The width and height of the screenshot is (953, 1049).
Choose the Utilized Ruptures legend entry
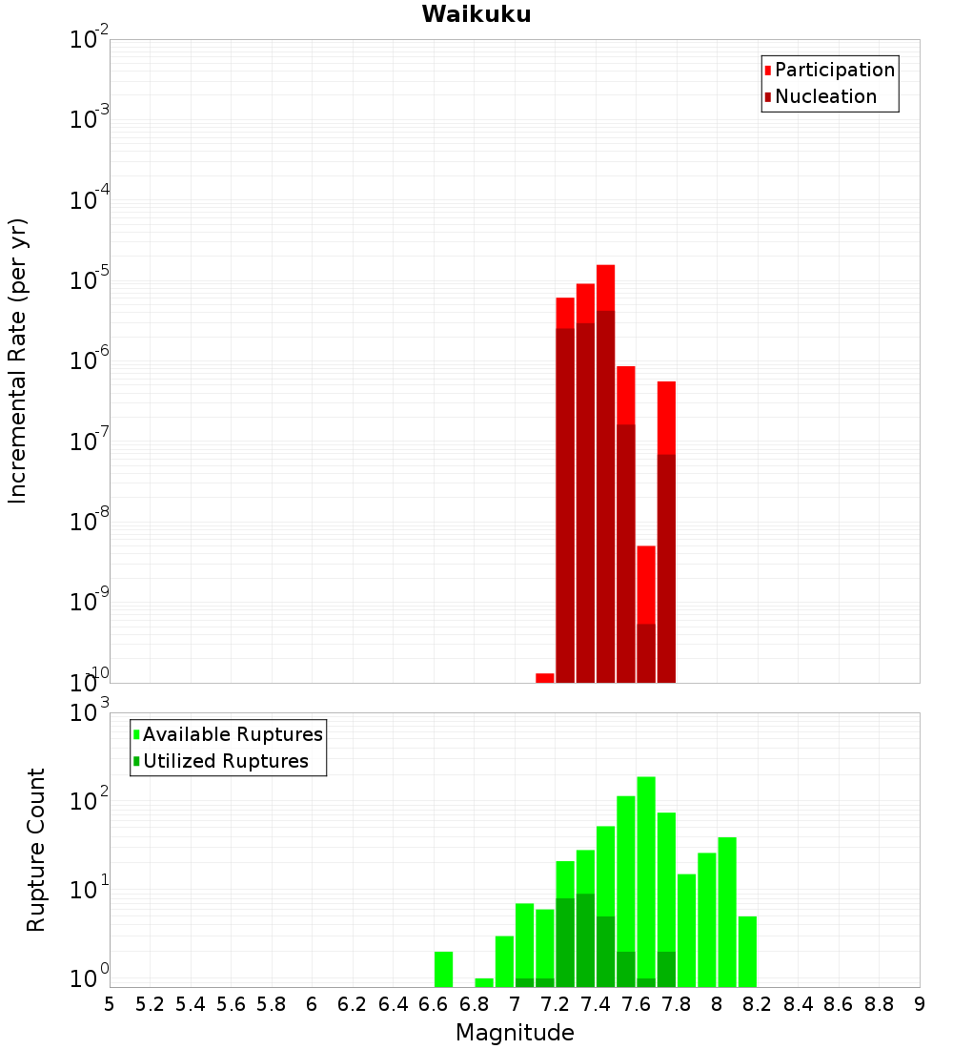click(225, 761)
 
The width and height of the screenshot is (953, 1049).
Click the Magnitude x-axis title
click(515, 1033)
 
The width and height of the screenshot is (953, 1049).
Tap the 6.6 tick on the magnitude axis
click(434, 1004)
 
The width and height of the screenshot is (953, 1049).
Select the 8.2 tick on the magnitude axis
click(758, 1004)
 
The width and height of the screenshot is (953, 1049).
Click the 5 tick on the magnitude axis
click(110, 1004)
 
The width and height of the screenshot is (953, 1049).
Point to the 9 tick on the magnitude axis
click(920, 1004)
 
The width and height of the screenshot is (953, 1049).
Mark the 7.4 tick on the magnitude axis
click(596, 1004)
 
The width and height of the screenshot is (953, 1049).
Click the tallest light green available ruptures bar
click(646, 858)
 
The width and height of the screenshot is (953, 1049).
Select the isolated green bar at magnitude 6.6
click(443, 969)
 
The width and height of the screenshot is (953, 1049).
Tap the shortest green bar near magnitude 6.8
click(484, 982)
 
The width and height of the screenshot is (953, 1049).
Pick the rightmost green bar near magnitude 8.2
click(747, 951)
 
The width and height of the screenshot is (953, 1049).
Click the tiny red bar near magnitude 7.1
click(545, 678)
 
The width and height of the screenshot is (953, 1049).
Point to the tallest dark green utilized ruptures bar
click(585, 939)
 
